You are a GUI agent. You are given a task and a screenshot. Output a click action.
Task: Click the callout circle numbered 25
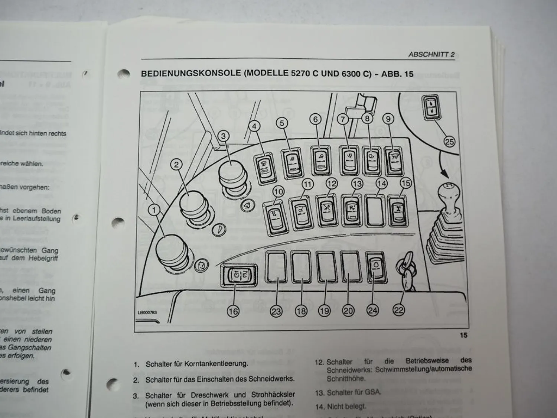click(x=449, y=142)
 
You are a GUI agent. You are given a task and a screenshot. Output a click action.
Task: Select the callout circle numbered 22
click(x=398, y=310)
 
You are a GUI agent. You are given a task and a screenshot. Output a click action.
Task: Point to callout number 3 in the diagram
click(x=223, y=136)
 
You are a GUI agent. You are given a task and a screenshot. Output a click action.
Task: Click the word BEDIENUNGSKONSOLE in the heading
click(x=191, y=73)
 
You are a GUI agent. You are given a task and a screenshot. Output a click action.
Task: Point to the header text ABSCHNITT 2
click(x=431, y=54)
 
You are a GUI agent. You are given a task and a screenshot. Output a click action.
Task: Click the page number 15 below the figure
click(x=463, y=335)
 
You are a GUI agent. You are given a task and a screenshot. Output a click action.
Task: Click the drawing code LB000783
click(x=147, y=312)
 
